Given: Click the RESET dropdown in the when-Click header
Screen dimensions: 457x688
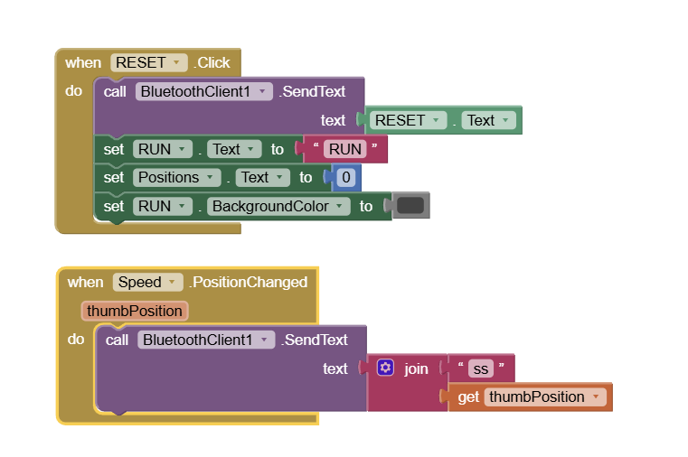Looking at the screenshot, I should pos(148,62).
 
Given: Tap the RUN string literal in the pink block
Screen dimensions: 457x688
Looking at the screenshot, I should pos(344,149).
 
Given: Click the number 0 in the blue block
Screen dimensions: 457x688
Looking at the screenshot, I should pos(345,178).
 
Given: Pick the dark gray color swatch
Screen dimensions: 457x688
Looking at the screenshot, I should pos(410,206).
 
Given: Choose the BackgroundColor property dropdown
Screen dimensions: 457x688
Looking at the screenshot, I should pos(278,206).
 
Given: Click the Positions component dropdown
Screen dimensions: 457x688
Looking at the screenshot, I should pos(176,178).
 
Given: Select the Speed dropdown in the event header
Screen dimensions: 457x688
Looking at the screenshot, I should pos(147,282).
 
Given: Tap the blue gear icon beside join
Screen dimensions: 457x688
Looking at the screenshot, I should pos(386,368).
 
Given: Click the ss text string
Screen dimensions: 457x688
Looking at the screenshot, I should pos(480,368).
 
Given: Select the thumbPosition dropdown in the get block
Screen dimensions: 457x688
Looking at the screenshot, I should pos(545,396).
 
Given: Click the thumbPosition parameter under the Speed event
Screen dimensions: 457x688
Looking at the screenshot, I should pos(135,311).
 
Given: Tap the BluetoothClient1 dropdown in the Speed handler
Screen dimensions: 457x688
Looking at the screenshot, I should pos(206,340).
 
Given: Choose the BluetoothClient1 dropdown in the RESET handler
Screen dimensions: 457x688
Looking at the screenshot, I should pos(204,91).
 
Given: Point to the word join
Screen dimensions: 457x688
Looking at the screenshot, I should pos(416,368).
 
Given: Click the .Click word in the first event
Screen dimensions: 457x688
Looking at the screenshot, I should pos(212,62).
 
